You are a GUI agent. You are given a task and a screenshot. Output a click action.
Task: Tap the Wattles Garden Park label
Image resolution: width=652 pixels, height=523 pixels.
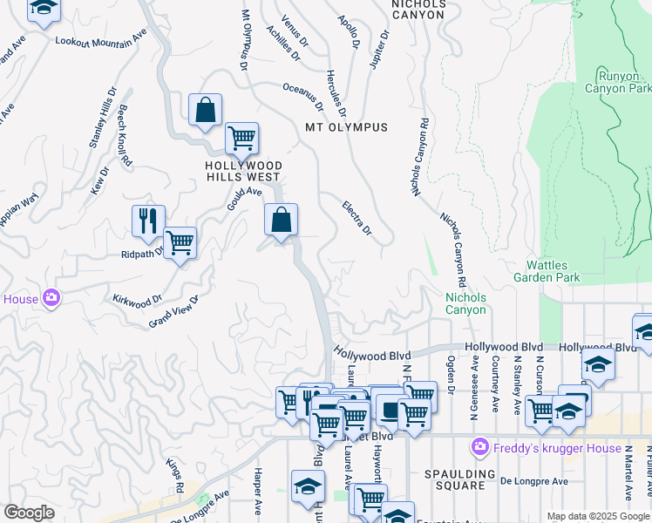(x=559, y=271)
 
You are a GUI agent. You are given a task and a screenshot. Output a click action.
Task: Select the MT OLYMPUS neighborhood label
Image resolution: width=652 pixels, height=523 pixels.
(x=346, y=127)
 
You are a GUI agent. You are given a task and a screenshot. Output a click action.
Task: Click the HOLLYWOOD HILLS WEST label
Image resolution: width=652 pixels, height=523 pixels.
(x=244, y=172)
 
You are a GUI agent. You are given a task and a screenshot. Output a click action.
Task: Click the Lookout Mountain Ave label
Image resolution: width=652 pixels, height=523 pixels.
(x=100, y=41)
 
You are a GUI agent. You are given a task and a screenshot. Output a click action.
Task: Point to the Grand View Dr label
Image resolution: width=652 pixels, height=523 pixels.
(x=173, y=311)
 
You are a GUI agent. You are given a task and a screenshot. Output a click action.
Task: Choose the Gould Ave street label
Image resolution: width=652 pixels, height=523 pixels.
(x=244, y=198)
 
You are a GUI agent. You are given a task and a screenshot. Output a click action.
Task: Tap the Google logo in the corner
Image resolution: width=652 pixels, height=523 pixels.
(x=29, y=513)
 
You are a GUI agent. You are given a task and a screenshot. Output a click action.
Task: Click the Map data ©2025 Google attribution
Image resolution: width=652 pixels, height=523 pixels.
(x=598, y=516)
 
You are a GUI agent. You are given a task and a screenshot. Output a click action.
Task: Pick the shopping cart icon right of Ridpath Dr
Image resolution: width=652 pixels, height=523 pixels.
(x=180, y=241)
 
